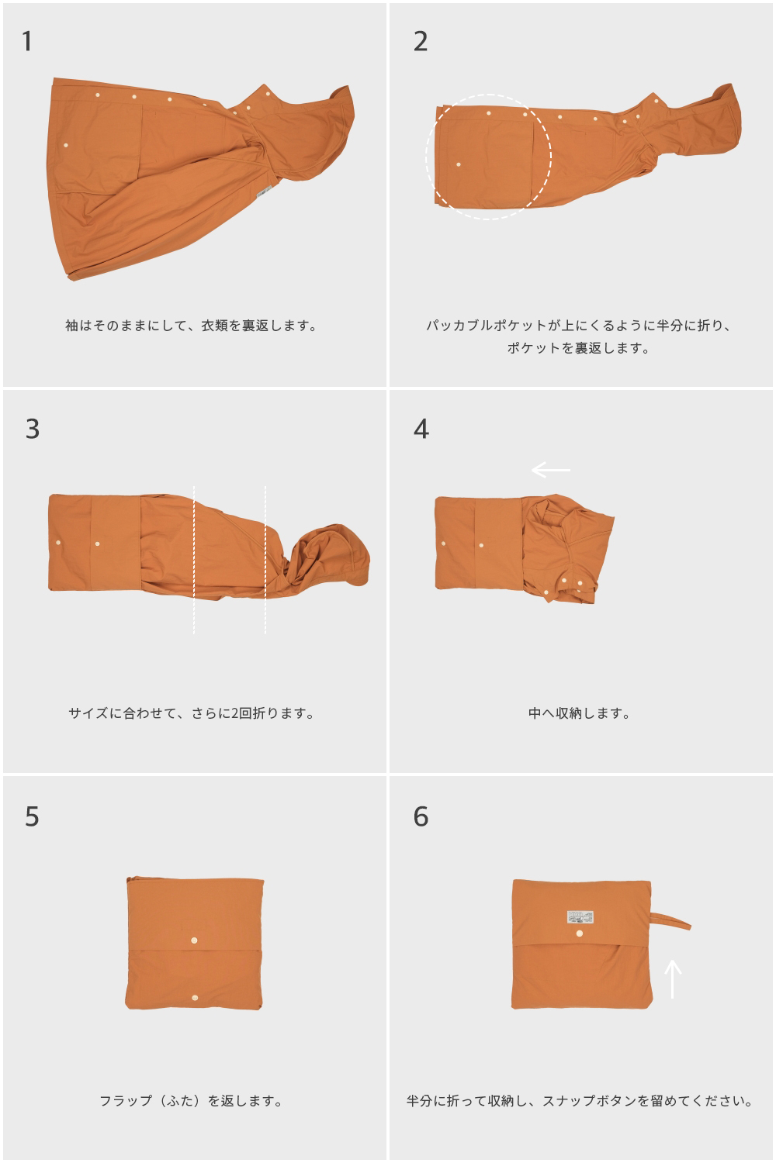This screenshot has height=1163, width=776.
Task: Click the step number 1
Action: point(27,42)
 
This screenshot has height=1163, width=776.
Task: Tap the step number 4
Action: point(421,429)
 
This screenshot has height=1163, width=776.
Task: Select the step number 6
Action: point(421,816)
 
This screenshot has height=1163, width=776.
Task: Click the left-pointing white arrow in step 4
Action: point(550,470)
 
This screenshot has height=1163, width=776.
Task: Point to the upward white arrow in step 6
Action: point(673,978)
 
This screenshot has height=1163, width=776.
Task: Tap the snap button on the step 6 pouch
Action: point(580,935)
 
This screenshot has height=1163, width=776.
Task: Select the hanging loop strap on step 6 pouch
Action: point(671,917)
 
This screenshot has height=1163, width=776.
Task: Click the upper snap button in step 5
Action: point(193,940)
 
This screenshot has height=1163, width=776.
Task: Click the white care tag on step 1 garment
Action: point(264,192)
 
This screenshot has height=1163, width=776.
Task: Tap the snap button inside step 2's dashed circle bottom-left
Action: point(459,165)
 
